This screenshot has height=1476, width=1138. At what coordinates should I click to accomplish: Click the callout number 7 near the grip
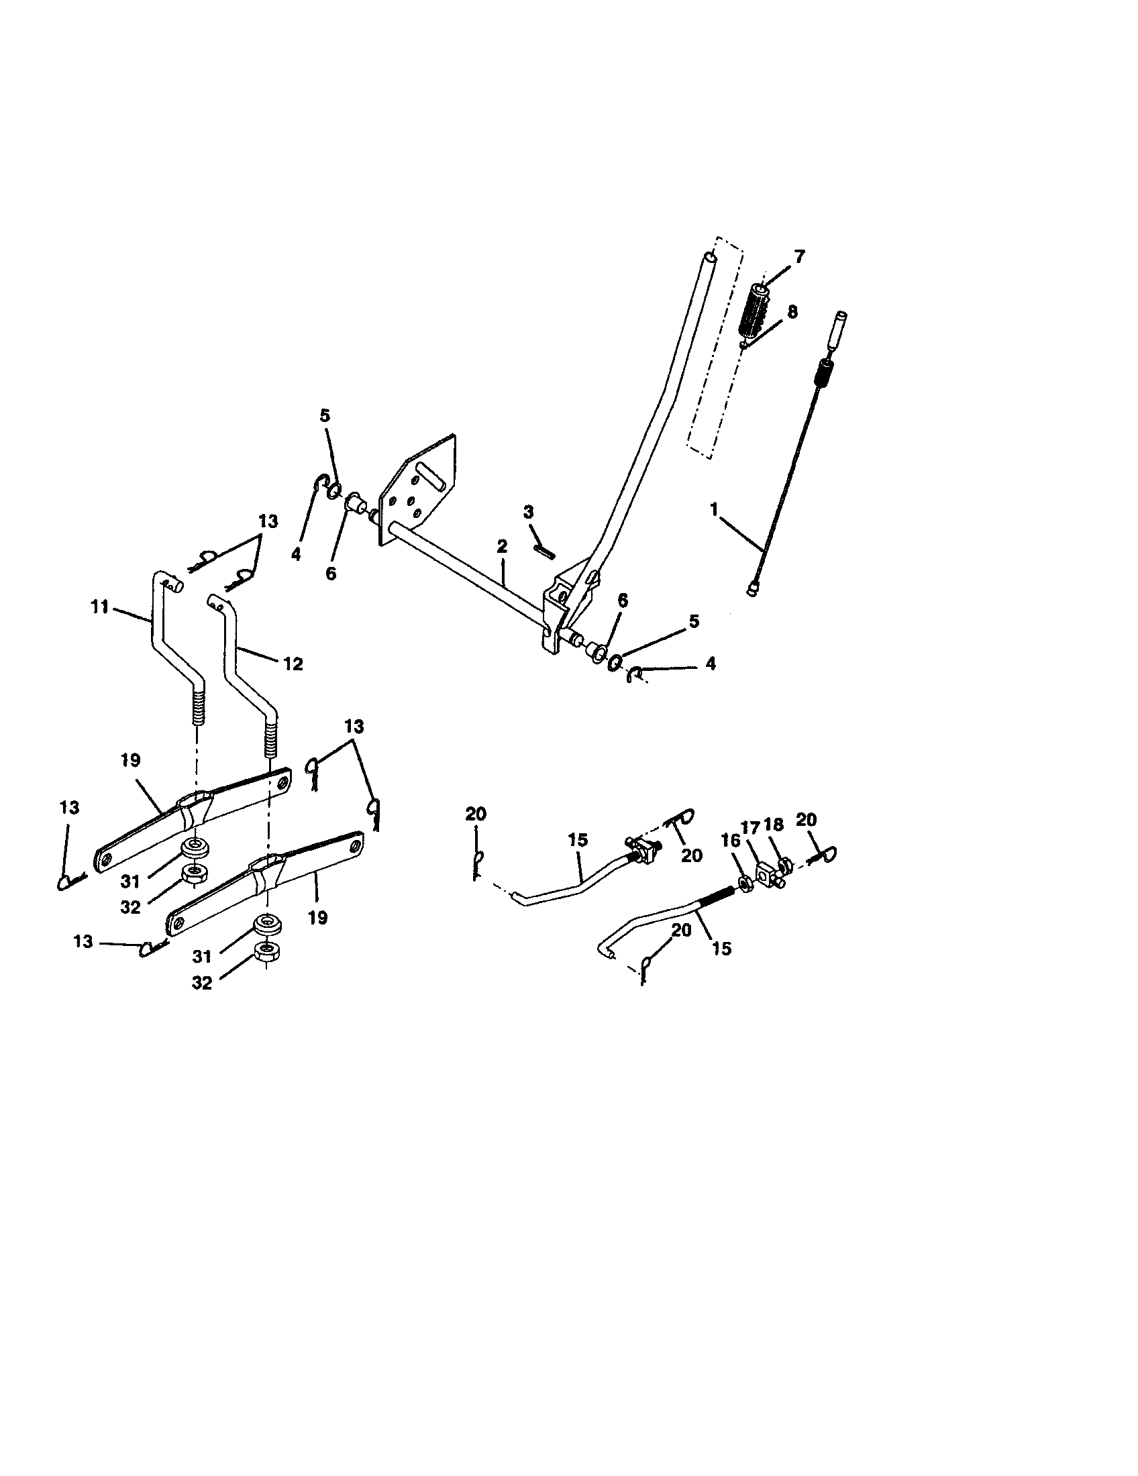coord(799,256)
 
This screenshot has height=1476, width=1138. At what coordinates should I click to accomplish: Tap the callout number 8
coord(792,312)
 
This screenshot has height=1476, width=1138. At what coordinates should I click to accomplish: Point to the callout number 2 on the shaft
coord(501,546)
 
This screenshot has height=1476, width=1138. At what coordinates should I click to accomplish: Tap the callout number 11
coord(99,607)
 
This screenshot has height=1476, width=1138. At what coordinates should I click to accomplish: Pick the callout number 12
coord(293,664)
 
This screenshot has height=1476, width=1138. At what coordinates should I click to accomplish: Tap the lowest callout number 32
coord(201,984)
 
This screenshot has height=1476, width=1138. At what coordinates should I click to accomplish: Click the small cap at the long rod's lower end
coord(753,591)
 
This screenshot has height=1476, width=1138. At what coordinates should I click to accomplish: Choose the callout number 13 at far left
coord(70,808)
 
